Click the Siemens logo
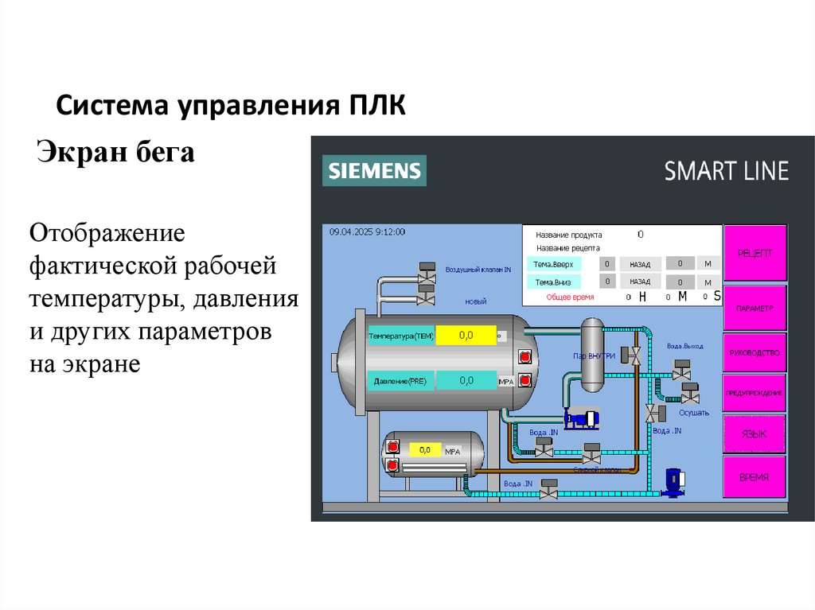(374, 171)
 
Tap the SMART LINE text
(726, 171)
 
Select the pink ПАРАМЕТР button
(755, 308)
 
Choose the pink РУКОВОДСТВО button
(755, 351)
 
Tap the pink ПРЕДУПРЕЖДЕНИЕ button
(755, 393)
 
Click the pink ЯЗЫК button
(755, 434)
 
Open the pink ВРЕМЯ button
(755, 477)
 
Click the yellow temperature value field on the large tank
(466, 336)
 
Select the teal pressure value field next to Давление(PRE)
(466, 381)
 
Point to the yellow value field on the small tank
(425, 450)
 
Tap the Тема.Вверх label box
(554, 264)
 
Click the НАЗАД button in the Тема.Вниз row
(640, 282)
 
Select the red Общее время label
(570, 297)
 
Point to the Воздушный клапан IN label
(478, 270)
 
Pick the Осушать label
(693, 413)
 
